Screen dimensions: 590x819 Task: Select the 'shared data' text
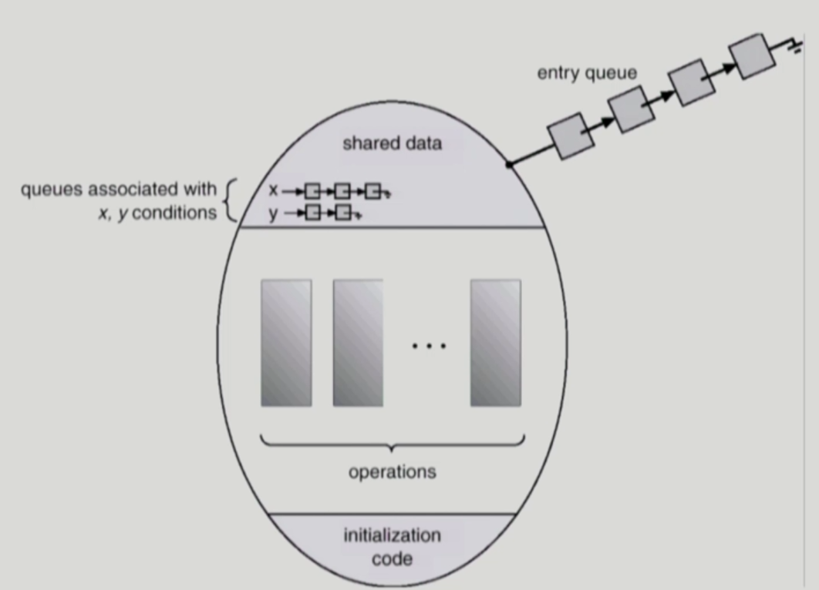tap(392, 143)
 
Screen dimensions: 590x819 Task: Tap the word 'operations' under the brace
tap(392, 471)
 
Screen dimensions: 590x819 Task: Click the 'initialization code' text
tap(392, 546)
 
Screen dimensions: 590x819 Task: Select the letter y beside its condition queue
tap(273, 213)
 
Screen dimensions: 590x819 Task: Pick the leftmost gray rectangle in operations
tap(286, 343)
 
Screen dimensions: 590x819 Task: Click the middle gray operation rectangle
tap(358, 343)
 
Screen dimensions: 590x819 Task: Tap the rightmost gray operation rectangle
tap(495, 343)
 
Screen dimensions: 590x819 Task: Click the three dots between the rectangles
tap(429, 346)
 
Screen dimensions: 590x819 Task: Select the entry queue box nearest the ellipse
tap(571, 136)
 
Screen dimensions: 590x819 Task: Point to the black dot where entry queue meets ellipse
tap(508, 164)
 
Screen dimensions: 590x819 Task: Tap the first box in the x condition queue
tap(312, 190)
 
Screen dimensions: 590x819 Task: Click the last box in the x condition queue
tap(372, 190)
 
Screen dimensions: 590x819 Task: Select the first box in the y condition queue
tap(312, 213)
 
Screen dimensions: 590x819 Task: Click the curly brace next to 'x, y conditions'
tap(228, 201)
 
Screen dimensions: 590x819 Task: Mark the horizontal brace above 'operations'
tap(393, 443)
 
